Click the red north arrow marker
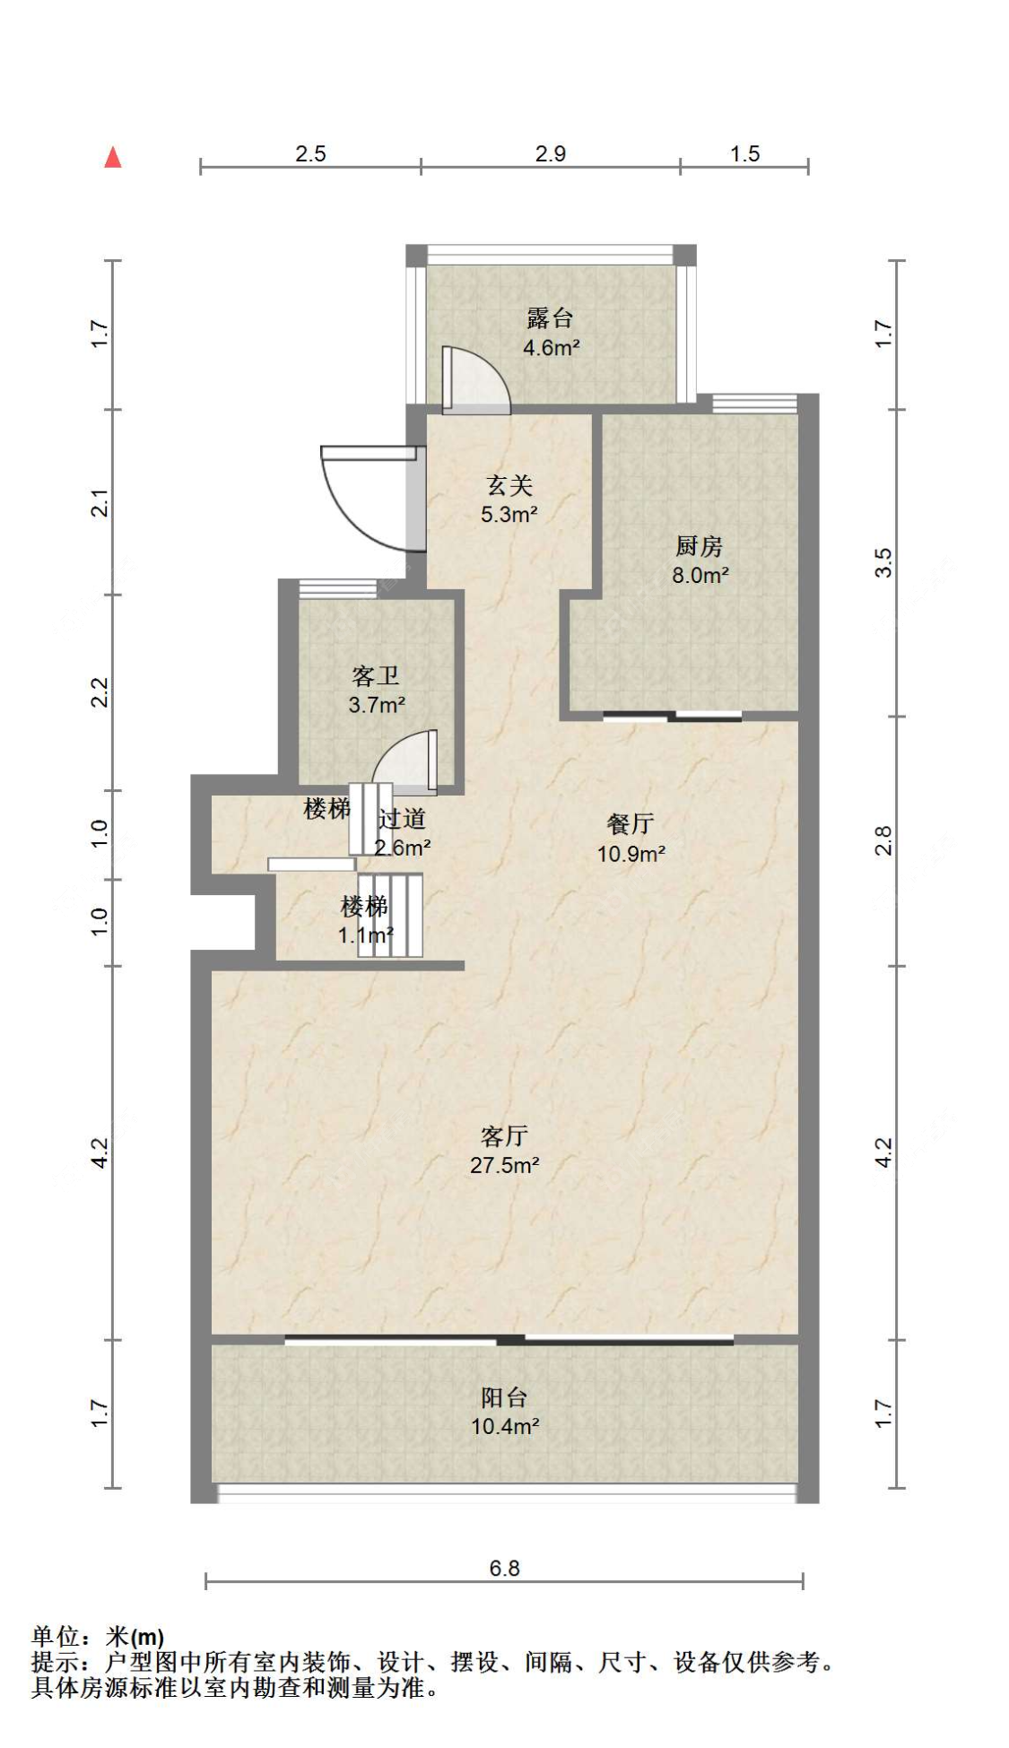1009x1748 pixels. click(x=113, y=158)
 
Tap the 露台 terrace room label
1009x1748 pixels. click(x=550, y=317)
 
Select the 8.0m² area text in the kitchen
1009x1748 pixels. click(x=700, y=576)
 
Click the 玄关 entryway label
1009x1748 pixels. click(x=509, y=485)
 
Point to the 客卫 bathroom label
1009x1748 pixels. click(x=376, y=675)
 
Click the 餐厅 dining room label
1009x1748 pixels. click(x=630, y=823)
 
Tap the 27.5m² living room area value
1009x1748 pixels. click(x=504, y=1165)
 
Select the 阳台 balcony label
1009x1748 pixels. click(x=504, y=1397)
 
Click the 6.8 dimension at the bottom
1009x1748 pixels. click(x=504, y=1569)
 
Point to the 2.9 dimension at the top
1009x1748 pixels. click(x=550, y=153)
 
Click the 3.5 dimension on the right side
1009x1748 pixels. click(x=883, y=562)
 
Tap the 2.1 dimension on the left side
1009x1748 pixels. click(x=100, y=502)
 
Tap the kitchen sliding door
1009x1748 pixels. click(x=673, y=716)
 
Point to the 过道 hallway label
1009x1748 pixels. click(x=402, y=818)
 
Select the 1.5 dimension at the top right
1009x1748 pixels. click(x=744, y=153)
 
